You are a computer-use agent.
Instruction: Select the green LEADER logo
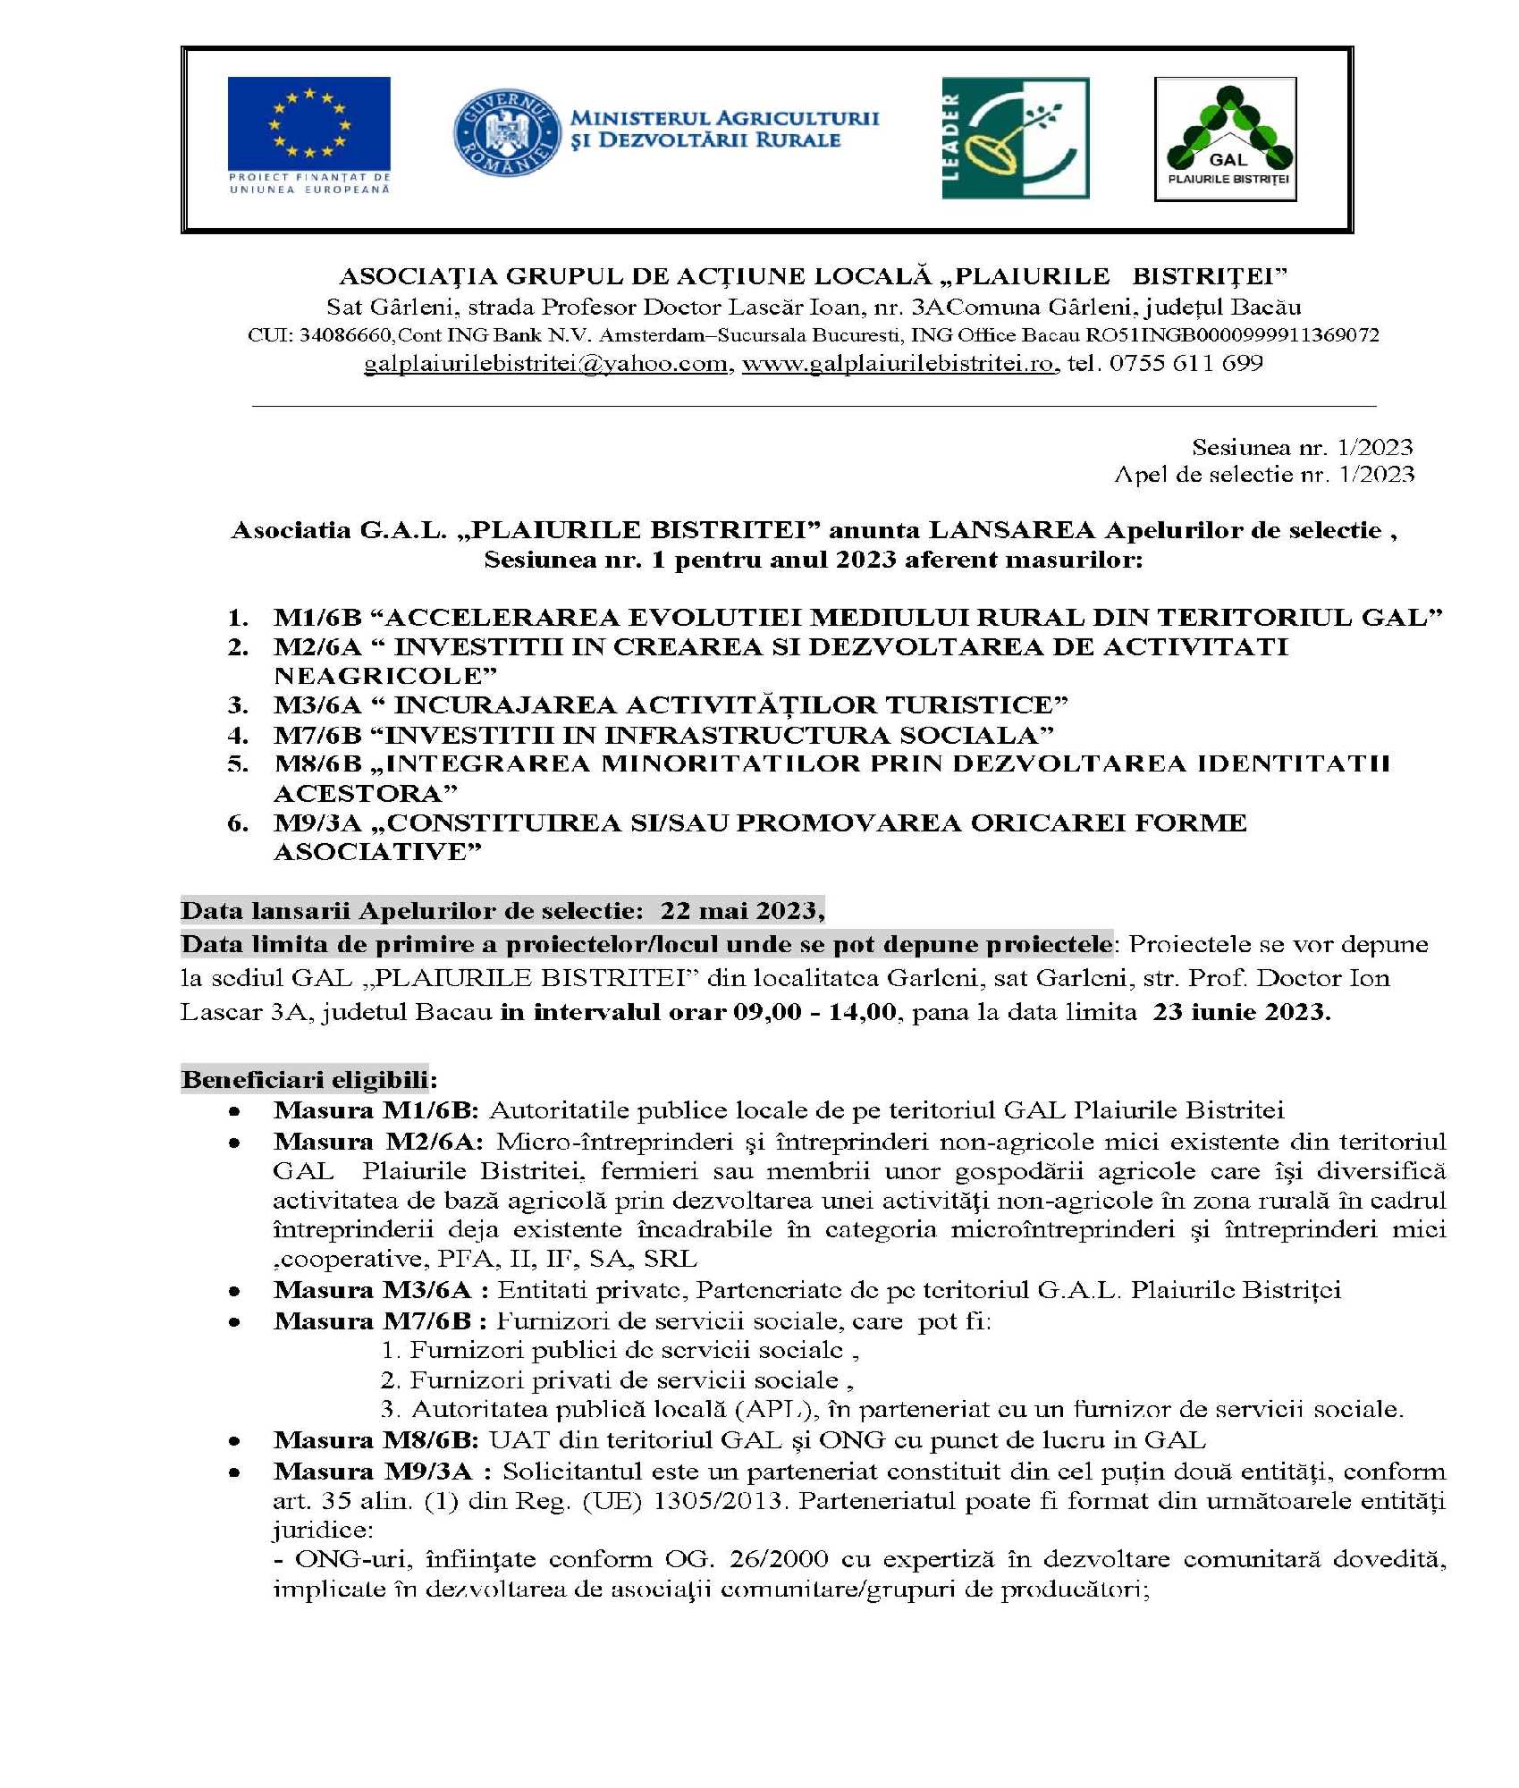tap(1015, 138)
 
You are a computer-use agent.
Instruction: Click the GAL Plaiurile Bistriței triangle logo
tap(1225, 138)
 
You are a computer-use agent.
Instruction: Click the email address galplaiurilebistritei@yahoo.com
tap(545, 364)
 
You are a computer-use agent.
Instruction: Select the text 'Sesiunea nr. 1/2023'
tap(1302, 447)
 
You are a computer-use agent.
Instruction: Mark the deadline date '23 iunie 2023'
tap(1241, 1012)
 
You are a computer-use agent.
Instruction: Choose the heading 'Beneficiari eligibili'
tap(305, 1079)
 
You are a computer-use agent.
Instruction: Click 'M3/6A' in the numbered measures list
tap(317, 705)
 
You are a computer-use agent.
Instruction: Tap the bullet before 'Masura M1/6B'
tap(234, 1111)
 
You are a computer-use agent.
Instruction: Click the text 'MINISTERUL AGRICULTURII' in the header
tap(724, 118)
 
